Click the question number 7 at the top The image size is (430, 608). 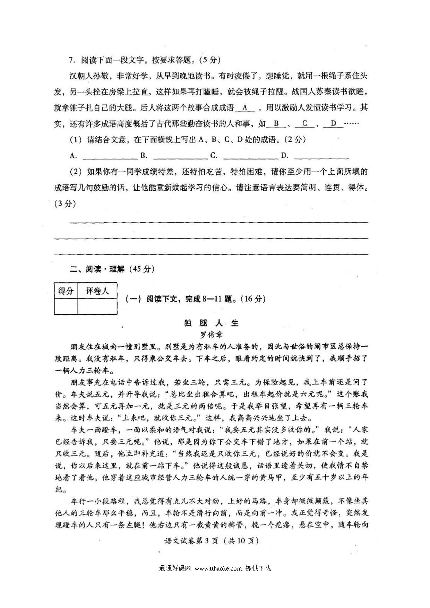72,60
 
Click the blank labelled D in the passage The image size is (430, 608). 334,124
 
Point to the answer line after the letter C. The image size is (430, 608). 251,157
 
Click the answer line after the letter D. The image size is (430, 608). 321,157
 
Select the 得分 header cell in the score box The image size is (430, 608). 66,291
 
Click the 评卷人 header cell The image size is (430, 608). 97,291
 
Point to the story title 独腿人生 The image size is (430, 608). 212,323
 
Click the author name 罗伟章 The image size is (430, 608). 212,335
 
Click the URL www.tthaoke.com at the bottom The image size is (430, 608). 218,568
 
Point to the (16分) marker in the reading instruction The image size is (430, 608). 253,299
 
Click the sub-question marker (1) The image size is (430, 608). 75,140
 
